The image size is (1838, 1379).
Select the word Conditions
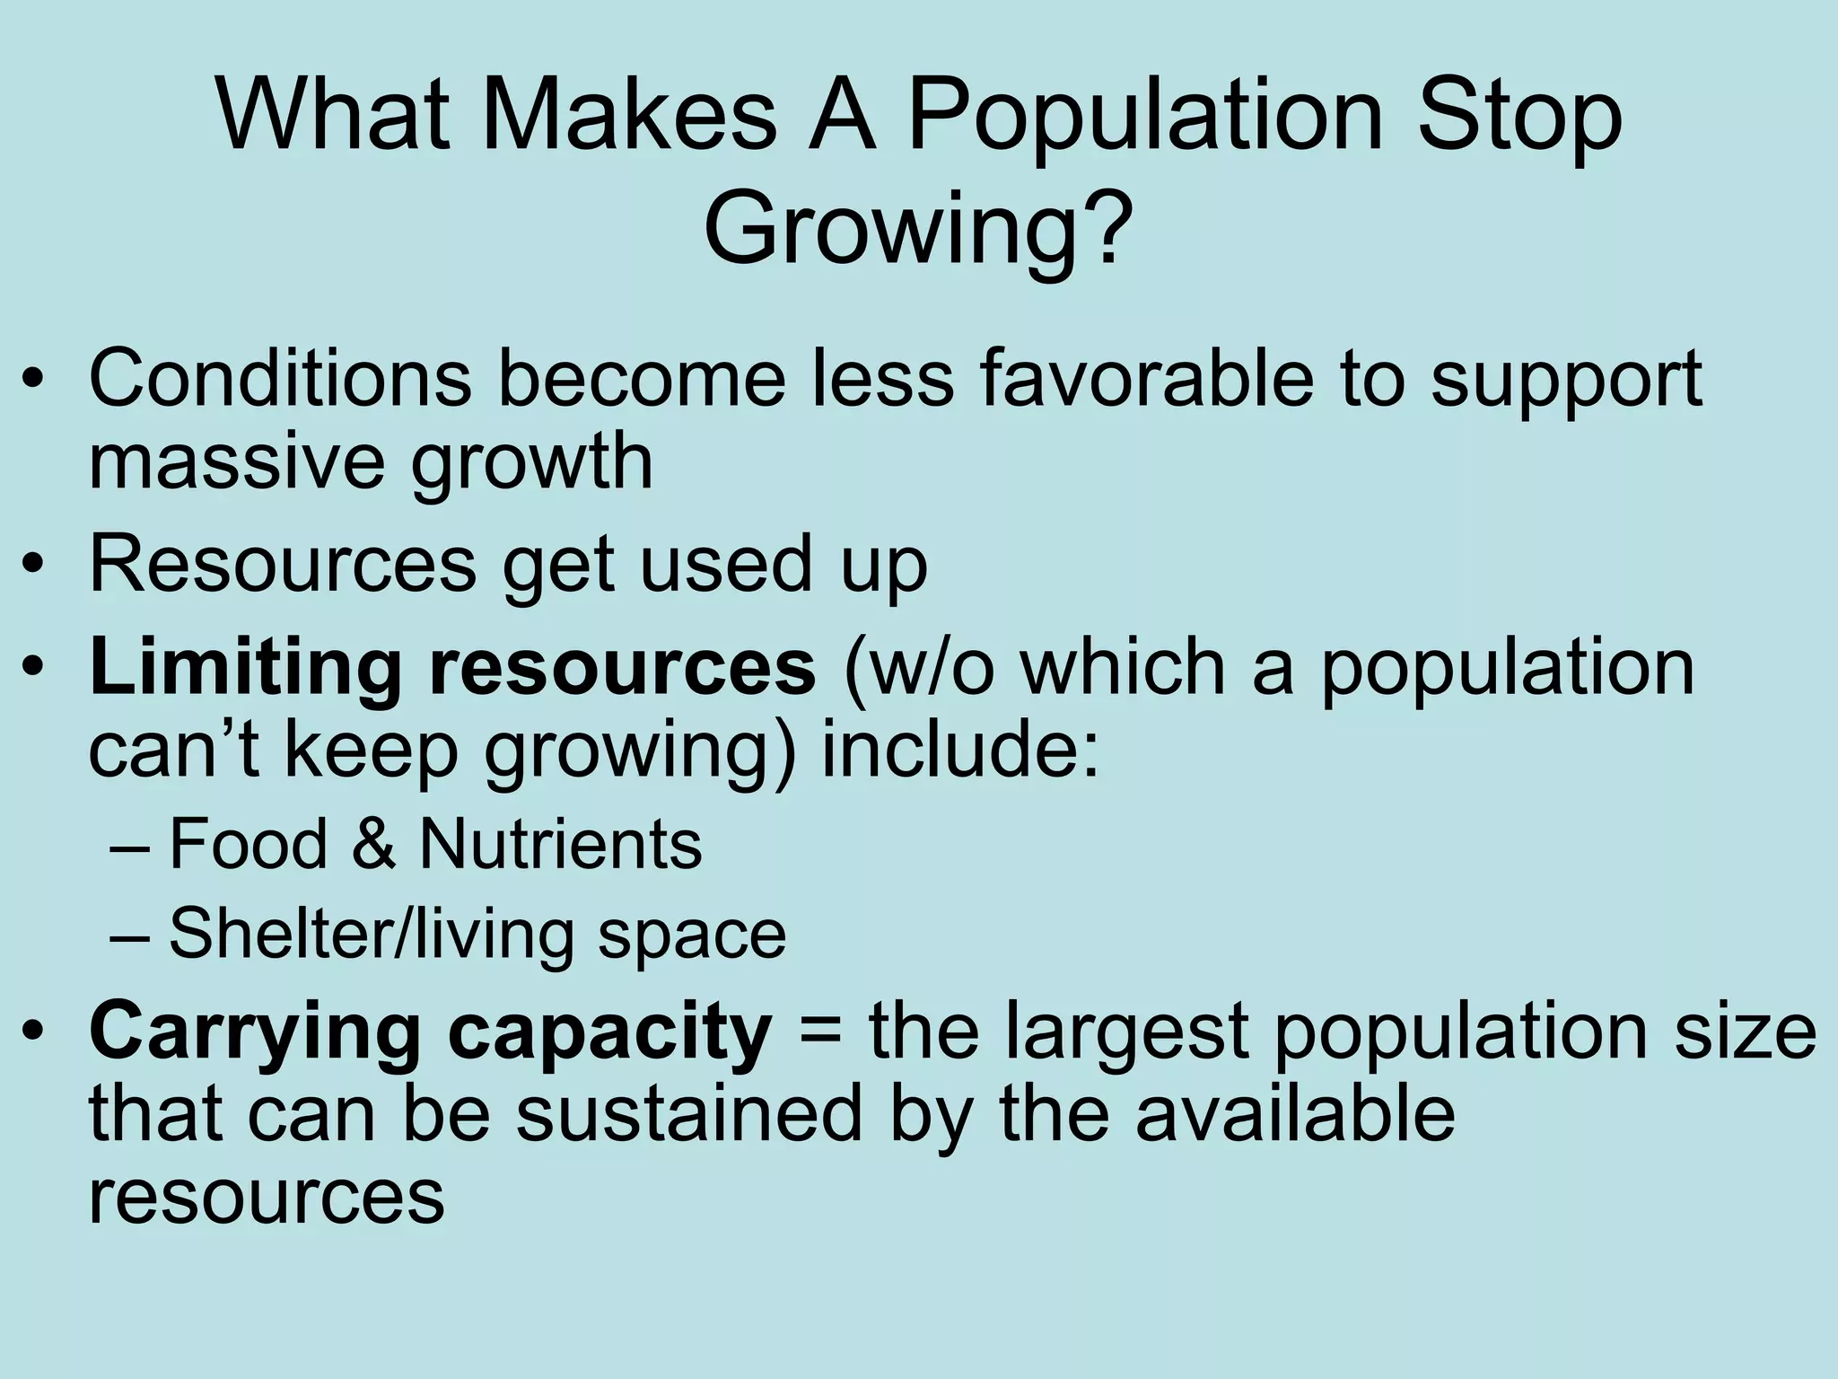pyautogui.click(x=280, y=378)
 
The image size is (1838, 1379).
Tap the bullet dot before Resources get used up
pyautogui.click(x=33, y=567)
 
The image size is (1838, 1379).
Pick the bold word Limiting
pyautogui.click(x=245, y=668)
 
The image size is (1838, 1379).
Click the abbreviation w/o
pyautogui.click(x=920, y=668)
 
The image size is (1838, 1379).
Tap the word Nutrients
pyautogui.click(x=561, y=844)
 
